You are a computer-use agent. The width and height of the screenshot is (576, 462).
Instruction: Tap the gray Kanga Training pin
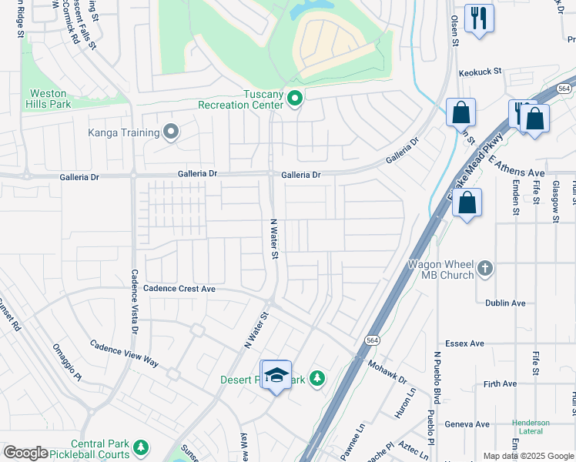pyautogui.click(x=171, y=132)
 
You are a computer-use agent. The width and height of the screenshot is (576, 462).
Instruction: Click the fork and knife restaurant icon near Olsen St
pyautogui.click(x=479, y=18)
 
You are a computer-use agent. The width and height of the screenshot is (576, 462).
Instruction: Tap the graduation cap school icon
pyautogui.click(x=276, y=376)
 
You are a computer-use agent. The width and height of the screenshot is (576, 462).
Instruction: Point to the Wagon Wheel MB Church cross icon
pyautogui.click(x=485, y=269)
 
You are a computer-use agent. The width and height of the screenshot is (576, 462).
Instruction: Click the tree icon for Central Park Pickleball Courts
pyautogui.click(x=140, y=447)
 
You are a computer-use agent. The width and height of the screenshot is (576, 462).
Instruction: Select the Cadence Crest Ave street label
pyautogui.click(x=179, y=289)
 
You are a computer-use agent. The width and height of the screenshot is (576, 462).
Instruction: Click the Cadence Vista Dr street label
pyautogui.click(x=134, y=301)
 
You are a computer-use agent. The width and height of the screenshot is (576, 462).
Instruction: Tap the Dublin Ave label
pyautogui.click(x=505, y=303)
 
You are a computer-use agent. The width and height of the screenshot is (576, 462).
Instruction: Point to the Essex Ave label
pyautogui.click(x=465, y=343)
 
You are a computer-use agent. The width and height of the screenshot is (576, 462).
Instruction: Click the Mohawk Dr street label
pyautogui.click(x=387, y=374)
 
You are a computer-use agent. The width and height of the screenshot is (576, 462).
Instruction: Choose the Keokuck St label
pyautogui.click(x=480, y=72)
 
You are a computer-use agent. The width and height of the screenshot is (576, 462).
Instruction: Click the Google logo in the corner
pyautogui.click(x=25, y=453)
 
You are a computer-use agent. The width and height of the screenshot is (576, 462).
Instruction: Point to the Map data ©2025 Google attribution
pyautogui.click(x=527, y=456)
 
